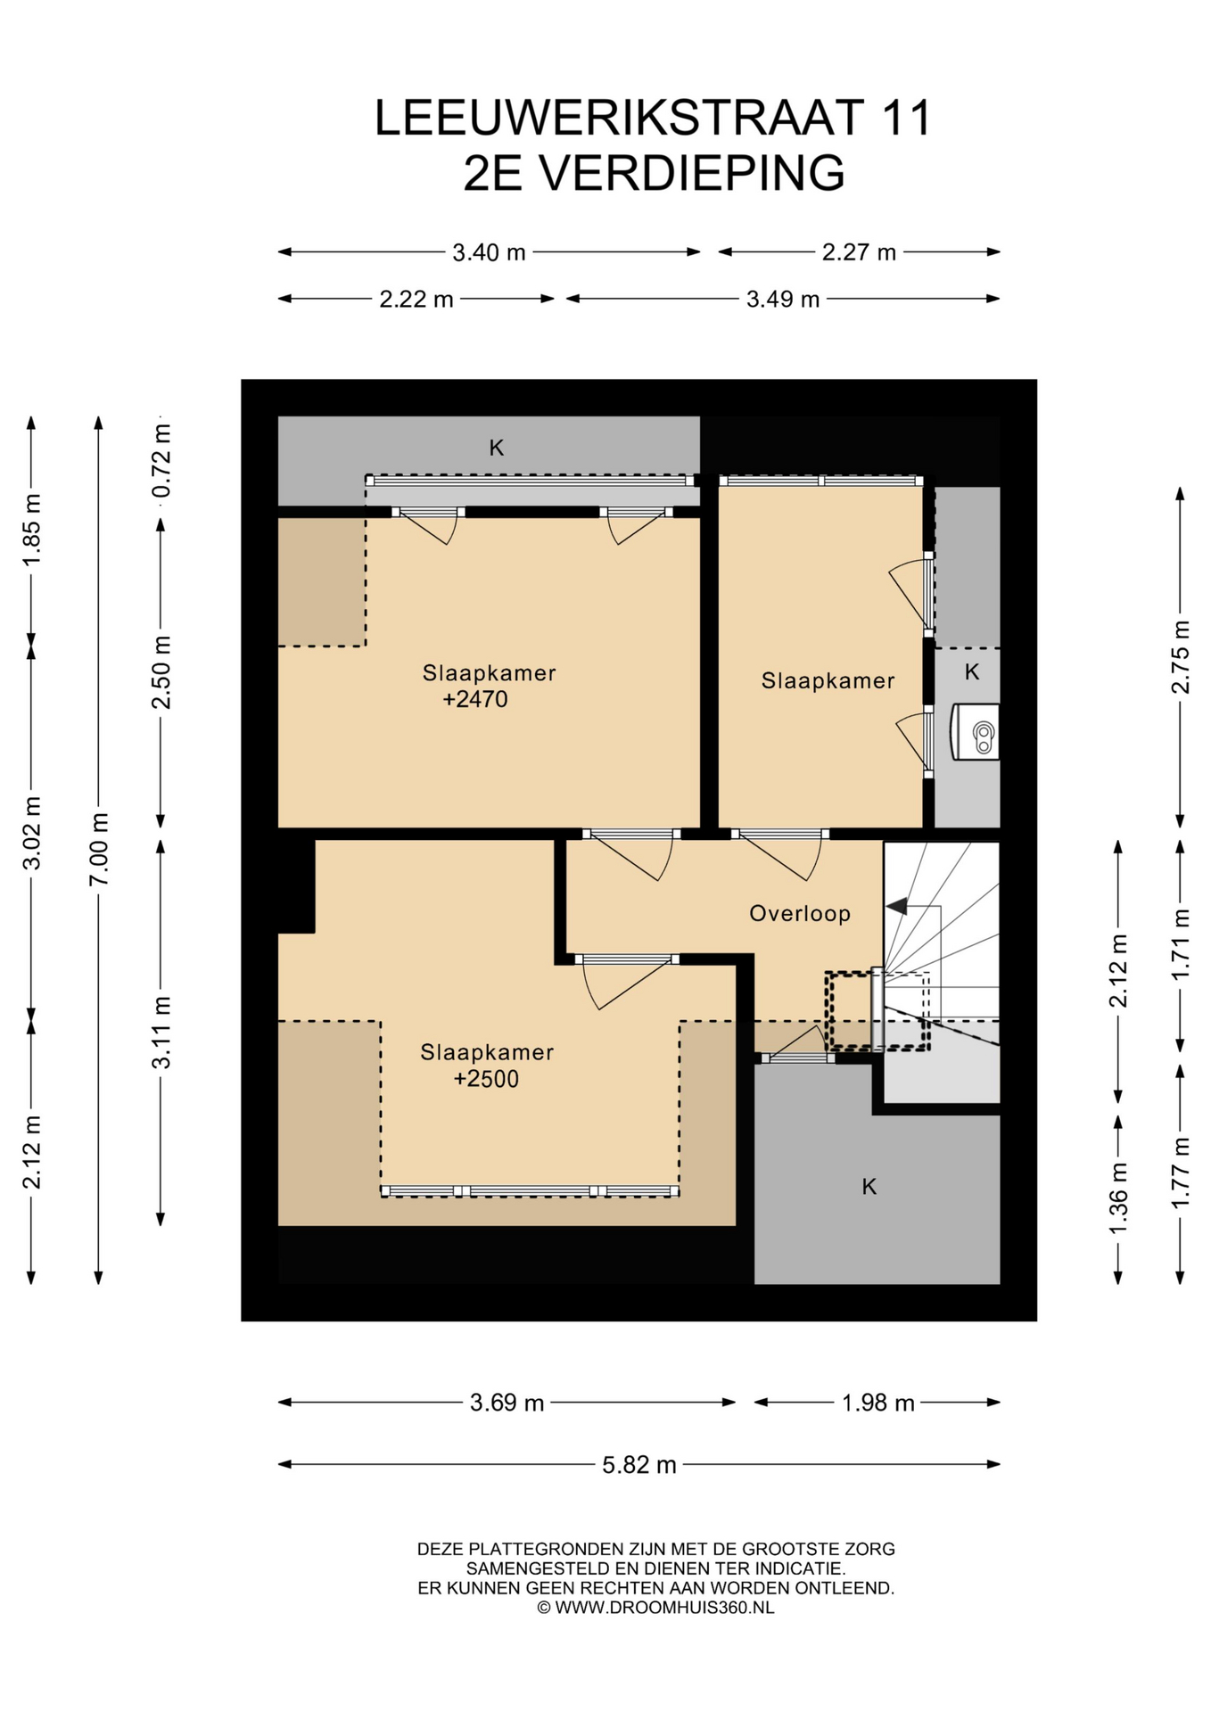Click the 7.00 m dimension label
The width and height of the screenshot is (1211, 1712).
(99, 849)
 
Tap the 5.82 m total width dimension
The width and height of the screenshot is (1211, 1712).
(638, 1464)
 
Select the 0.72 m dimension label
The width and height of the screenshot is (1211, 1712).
(161, 462)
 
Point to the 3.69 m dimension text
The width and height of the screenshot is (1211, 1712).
(507, 1403)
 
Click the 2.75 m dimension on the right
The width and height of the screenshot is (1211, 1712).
(1180, 657)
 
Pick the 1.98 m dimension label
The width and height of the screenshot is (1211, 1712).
(878, 1403)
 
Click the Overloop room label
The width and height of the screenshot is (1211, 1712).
(800, 913)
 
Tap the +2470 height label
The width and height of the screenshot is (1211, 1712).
(475, 699)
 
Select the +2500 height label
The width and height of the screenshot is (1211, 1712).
(486, 1079)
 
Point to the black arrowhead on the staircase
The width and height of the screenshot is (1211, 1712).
(896, 906)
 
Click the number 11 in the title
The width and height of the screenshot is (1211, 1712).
(906, 118)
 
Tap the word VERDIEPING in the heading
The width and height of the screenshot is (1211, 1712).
(693, 172)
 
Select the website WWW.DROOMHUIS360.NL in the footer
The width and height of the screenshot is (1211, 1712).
(664, 1608)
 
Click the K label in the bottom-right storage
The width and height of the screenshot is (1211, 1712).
(869, 1187)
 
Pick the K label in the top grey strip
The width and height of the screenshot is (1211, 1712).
(497, 448)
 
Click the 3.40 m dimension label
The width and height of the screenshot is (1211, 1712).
(489, 252)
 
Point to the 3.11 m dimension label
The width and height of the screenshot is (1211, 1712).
(161, 1032)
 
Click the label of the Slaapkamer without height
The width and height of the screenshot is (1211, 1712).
(828, 680)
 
